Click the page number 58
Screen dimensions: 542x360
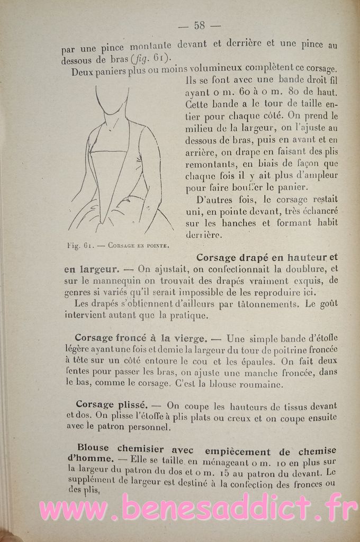tap(200, 25)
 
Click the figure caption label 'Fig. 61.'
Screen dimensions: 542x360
tap(80, 245)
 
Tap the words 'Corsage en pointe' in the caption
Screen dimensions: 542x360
tap(138, 245)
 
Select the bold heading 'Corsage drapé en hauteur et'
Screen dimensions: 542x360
tap(267, 258)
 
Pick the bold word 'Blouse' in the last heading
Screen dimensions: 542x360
tap(93, 448)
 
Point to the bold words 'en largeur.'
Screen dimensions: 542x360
tap(91, 269)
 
